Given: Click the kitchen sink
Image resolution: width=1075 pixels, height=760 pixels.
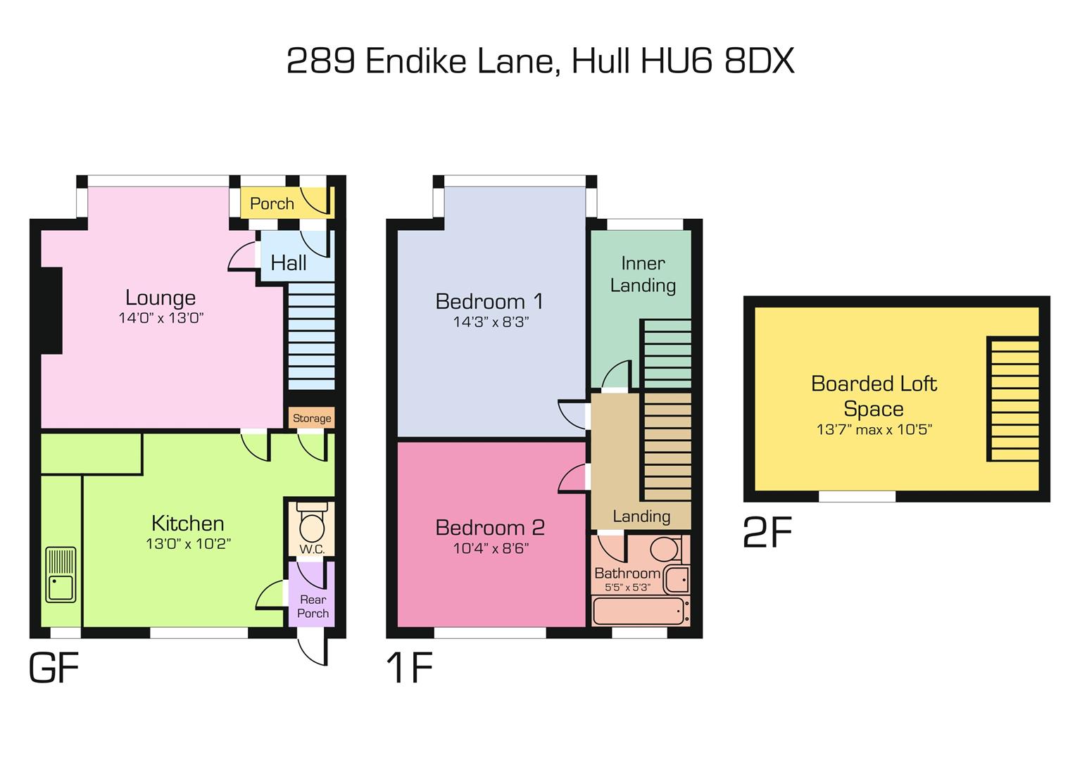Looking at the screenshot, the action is (61, 575).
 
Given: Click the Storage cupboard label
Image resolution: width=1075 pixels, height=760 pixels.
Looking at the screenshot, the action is (312, 418).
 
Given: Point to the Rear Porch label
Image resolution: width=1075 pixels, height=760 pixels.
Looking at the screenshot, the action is (313, 606).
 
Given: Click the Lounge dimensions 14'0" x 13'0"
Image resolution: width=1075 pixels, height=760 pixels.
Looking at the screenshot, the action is (161, 318).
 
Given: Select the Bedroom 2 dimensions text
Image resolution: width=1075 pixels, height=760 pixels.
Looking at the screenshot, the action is (491, 548).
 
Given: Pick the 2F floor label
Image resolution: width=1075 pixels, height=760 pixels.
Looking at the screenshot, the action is (767, 532).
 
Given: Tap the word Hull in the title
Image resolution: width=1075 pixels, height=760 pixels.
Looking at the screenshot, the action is (601, 61).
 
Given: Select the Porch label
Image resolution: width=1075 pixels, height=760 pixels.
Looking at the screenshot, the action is (272, 203).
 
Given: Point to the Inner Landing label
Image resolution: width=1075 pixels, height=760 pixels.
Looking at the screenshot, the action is (643, 274).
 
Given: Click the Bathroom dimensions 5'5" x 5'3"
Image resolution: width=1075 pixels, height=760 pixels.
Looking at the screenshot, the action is (627, 587).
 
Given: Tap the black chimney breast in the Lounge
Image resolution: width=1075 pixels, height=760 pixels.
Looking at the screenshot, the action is (51, 310).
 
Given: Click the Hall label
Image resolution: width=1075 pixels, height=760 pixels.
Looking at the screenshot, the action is (289, 262).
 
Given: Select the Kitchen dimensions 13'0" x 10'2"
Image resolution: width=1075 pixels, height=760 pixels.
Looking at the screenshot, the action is (188, 544).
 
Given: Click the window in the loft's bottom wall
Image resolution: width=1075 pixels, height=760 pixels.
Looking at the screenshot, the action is (857, 496).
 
